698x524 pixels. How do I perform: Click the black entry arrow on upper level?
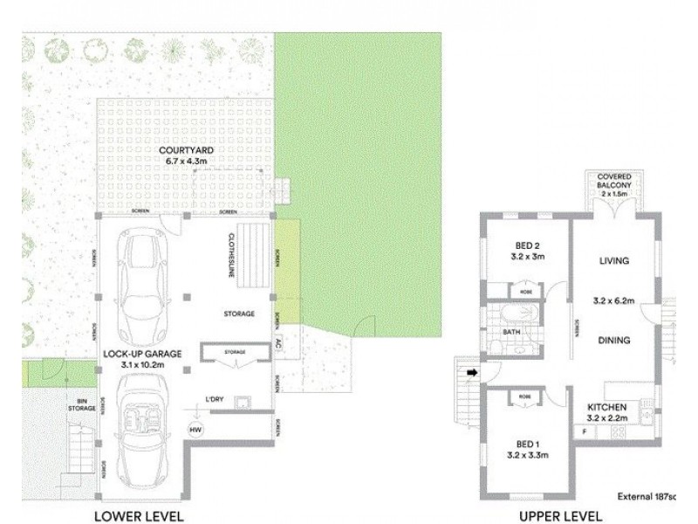tap(472, 373)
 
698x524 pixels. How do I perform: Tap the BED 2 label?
tap(525, 245)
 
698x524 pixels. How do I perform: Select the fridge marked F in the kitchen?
tap(583, 431)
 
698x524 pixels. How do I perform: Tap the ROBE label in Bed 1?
tap(524, 396)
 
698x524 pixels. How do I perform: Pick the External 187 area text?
tap(646, 495)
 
